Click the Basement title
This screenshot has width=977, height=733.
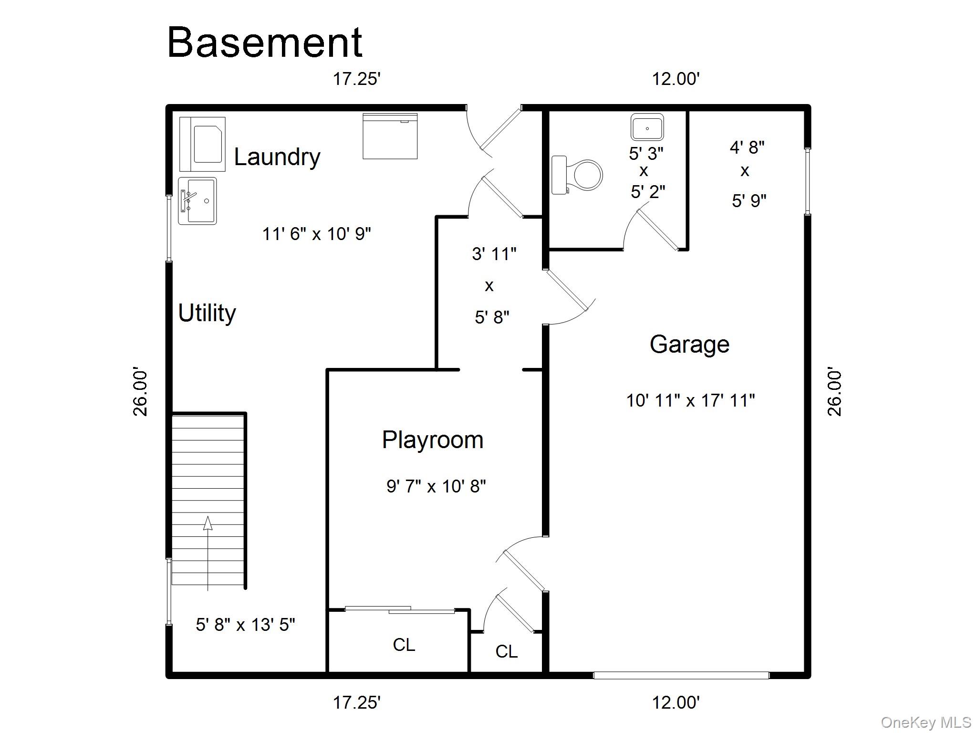[265, 42]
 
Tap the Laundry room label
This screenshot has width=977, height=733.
[277, 157]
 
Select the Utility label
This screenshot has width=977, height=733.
[207, 314]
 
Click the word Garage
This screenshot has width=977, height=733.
[690, 345]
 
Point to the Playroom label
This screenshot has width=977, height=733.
[433, 440]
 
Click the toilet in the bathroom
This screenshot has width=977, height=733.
[577, 175]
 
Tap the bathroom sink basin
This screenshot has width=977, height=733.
[647, 127]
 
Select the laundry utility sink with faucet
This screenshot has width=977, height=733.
[197, 201]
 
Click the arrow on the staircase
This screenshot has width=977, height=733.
[208, 554]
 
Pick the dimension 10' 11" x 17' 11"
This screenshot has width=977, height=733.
[690, 400]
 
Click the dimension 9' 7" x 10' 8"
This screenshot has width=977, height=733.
[436, 486]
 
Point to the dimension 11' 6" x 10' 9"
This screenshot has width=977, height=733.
[317, 234]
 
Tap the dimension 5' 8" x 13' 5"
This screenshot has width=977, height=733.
[245, 625]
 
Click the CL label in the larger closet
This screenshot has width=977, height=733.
[404, 645]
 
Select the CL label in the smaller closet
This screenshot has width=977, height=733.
[506, 651]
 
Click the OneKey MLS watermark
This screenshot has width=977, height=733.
[926, 723]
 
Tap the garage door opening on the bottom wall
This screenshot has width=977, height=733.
[681, 675]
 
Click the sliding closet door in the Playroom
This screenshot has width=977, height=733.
[400, 609]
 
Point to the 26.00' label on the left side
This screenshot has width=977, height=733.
[140, 392]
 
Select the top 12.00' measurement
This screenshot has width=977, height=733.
[676, 79]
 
